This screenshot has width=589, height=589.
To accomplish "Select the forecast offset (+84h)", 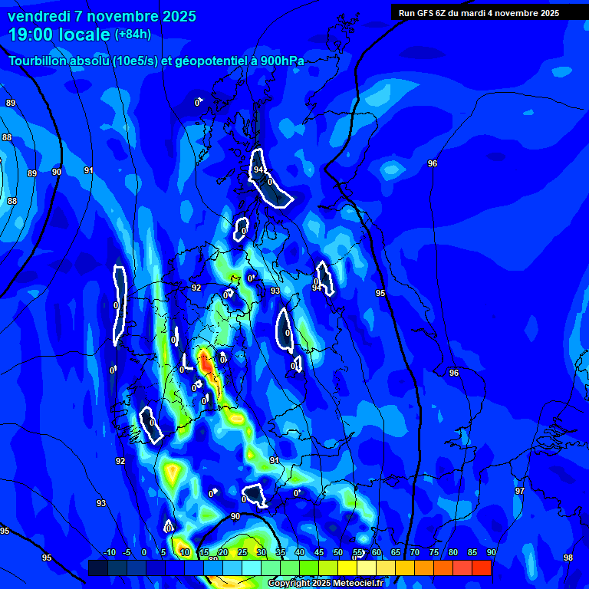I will click(x=133, y=35).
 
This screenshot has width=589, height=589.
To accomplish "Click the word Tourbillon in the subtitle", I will click(x=38, y=61).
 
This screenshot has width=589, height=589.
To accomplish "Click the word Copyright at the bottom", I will click(x=288, y=584).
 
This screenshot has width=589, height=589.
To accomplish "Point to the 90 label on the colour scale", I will click(x=491, y=553).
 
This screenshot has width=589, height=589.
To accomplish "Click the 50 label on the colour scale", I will click(x=338, y=553).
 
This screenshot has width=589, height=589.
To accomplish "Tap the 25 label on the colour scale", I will click(x=242, y=553).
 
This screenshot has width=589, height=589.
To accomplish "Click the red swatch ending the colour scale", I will click(x=482, y=568).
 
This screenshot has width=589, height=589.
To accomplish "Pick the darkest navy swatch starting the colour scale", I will click(x=97, y=568).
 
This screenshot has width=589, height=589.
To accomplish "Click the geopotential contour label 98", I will click(x=568, y=558).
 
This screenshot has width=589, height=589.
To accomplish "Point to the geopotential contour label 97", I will click(x=520, y=491).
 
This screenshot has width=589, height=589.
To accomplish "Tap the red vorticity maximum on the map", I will click(x=206, y=362).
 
